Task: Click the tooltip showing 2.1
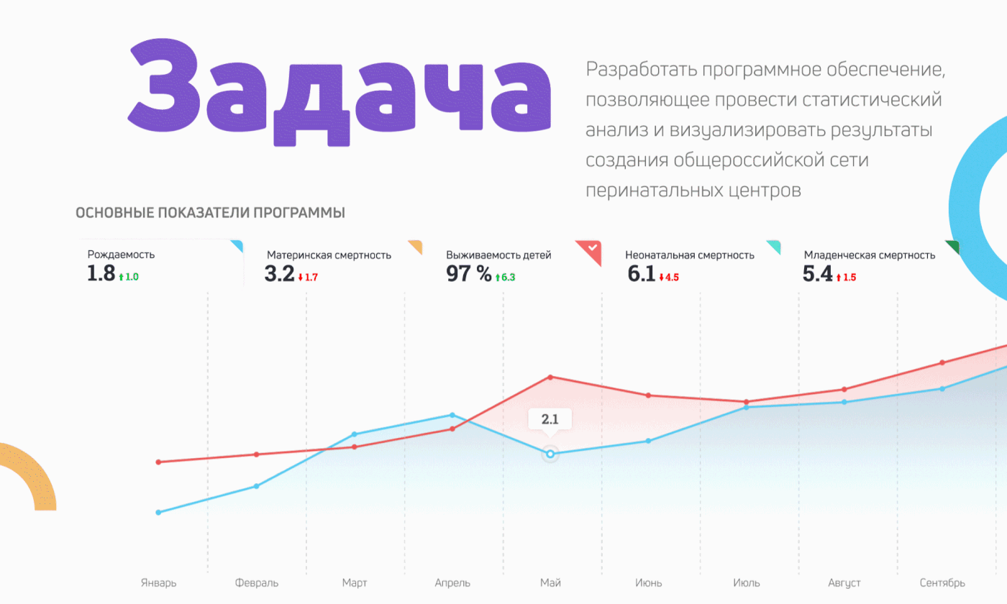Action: [x=550, y=419]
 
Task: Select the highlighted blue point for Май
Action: [x=550, y=454]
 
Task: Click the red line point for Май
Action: [x=550, y=377]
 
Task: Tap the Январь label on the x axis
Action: [x=158, y=582]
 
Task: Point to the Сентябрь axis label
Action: [x=942, y=582]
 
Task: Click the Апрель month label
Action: [x=452, y=582]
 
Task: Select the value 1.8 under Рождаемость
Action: [x=101, y=274]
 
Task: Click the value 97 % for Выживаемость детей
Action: [x=469, y=274]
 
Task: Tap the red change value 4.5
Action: [x=672, y=277]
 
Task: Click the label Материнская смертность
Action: [x=329, y=255]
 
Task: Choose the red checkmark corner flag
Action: [x=590, y=250]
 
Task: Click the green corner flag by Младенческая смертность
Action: [x=952, y=247]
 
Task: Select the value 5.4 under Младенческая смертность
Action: [x=818, y=274]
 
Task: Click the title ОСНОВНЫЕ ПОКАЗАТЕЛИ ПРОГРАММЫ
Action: [x=210, y=213]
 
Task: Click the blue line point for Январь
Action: [x=158, y=512]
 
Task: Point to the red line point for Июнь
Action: [x=648, y=395]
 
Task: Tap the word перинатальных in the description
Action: [x=639, y=191]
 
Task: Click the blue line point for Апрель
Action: [x=452, y=415]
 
